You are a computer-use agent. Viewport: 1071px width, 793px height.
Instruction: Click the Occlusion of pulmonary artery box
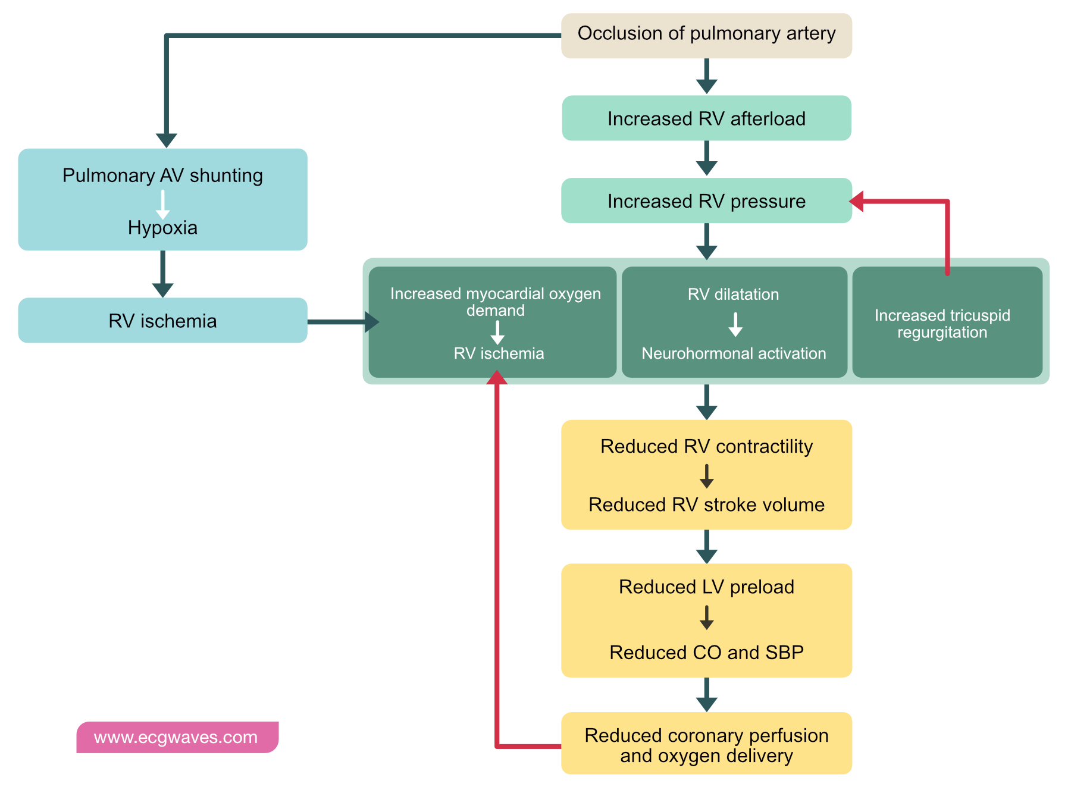tap(706, 35)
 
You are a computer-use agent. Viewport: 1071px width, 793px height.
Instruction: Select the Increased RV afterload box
tap(706, 118)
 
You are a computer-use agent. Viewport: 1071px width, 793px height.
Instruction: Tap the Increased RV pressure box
tap(706, 201)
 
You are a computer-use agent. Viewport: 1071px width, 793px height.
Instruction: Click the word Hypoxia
tap(162, 228)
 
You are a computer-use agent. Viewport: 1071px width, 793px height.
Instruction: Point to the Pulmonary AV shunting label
tap(162, 175)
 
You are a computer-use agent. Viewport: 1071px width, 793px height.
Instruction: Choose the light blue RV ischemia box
tap(162, 321)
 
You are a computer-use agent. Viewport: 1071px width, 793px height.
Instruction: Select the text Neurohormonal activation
tap(734, 353)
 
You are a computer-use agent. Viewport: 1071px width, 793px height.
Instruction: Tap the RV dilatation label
tap(733, 294)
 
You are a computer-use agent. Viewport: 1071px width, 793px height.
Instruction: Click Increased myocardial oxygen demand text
tap(496, 302)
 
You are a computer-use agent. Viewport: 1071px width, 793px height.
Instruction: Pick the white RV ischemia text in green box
tap(499, 353)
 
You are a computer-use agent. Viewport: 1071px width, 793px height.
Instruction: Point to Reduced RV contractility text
tap(706, 446)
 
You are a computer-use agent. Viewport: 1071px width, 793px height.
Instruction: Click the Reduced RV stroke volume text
tap(706, 504)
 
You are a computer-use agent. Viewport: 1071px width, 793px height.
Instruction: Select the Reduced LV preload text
tap(706, 587)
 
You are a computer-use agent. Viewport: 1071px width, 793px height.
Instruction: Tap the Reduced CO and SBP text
tap(706, 652)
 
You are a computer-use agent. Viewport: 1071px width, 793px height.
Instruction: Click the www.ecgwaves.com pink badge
tap(177, 738)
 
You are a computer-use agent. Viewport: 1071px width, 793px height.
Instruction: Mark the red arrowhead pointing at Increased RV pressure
tap(857, 201)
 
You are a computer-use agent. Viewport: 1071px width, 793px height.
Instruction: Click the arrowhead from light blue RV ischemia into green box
tap(372, 322)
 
